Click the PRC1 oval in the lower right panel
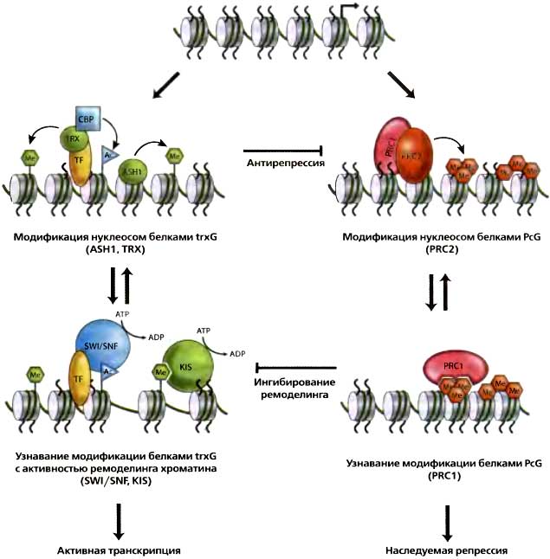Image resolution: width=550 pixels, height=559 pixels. click(461, 367)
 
